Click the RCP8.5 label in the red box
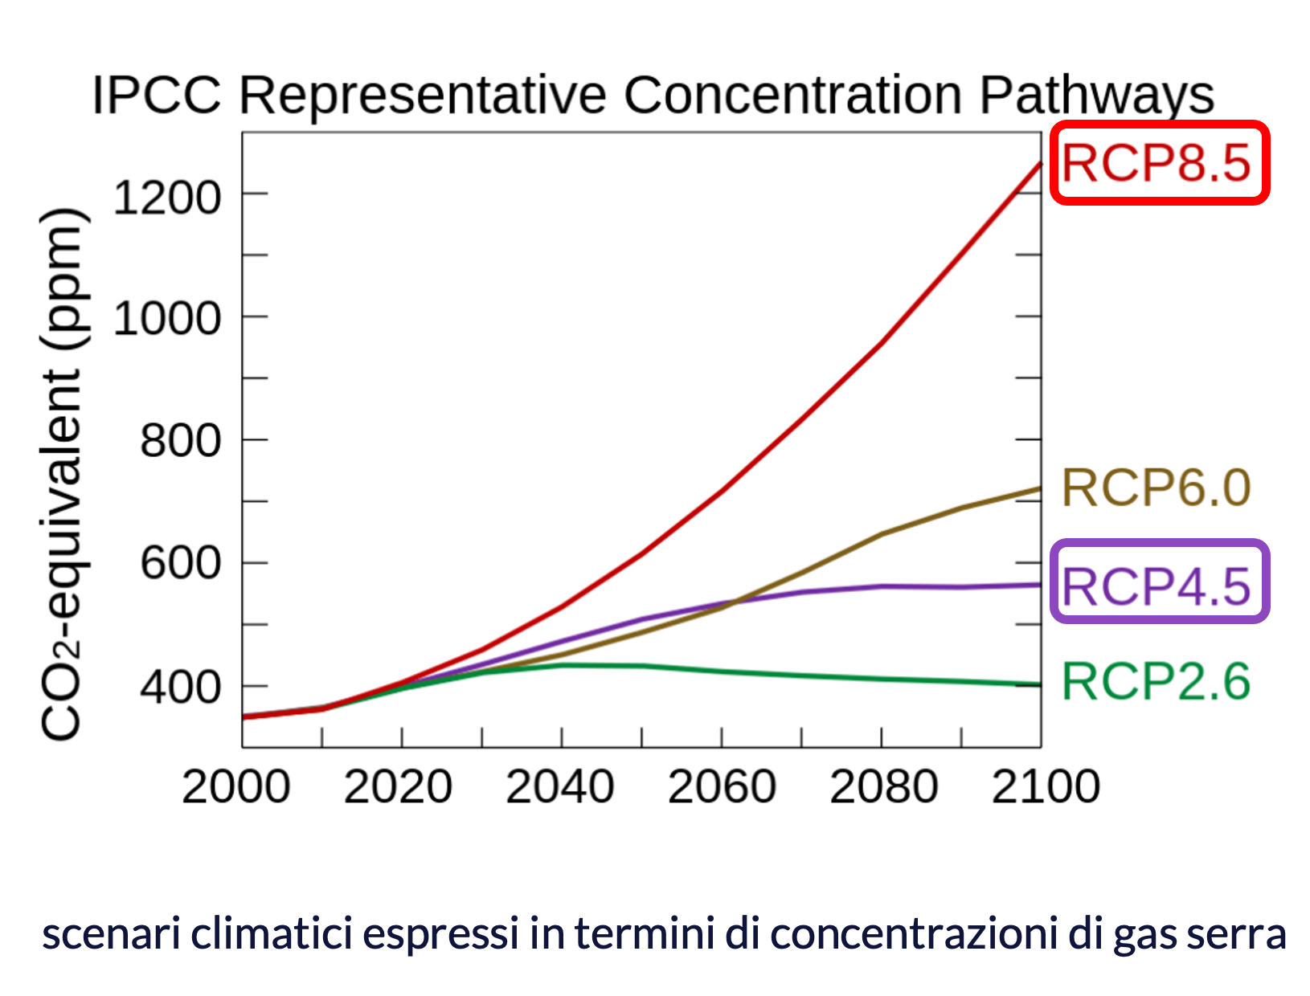[1157, 163]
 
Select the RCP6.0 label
[1157, 488]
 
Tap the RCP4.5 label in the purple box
[1157, 586]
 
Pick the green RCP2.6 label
[1157, 682]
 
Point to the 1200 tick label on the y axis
[167, 197]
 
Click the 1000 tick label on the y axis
[167, 319]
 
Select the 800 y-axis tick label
[180, 441]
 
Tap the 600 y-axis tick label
[180, 563]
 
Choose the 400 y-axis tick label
[180, 688]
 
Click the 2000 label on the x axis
[236, 786]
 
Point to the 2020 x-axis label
[398, 786]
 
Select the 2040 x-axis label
[560, 786]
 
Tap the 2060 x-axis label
[722, 786]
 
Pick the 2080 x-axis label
[884, 786]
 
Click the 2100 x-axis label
[1046, 786]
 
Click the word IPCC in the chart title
[156, 96]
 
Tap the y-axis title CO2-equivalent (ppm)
[63, 474]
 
